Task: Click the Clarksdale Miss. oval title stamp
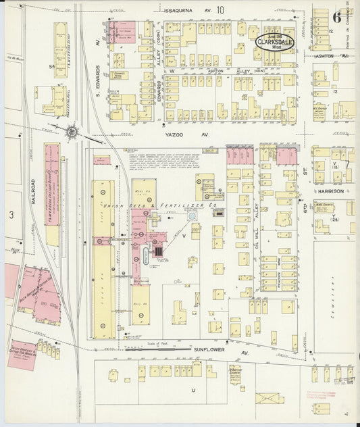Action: [x=275, y=41]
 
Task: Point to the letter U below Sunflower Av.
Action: [x=193, y=390]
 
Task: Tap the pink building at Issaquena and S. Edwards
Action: [x=122, y=30]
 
